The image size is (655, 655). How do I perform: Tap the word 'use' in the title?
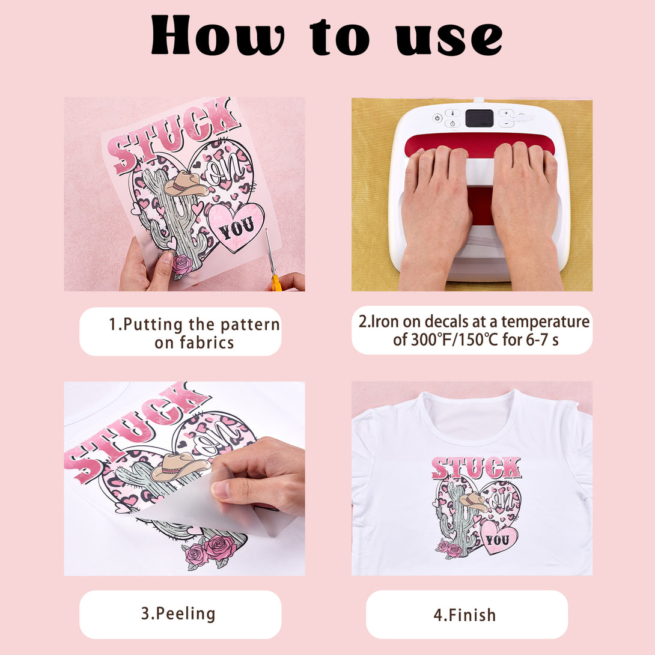[x=449, y=38]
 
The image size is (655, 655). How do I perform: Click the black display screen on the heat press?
[x=479, y=118]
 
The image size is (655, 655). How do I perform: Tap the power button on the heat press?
[x=437, y=118]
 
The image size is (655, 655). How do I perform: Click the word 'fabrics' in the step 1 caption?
[x=207, y=343]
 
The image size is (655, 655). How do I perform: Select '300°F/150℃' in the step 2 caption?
[x=454, y=340]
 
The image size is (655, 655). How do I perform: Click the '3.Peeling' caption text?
[x=178, y=614]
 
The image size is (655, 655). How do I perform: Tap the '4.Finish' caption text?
[x=465, y=615]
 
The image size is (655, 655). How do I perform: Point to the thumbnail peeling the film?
[x=222, y=489]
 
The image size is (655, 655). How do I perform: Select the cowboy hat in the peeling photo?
[x=179, y=466]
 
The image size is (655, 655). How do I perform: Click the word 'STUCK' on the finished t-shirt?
[x=476, y=468]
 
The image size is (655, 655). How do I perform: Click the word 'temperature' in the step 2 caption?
[x=545, y=322]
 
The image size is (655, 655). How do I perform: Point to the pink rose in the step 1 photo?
[x=183, y=265]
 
